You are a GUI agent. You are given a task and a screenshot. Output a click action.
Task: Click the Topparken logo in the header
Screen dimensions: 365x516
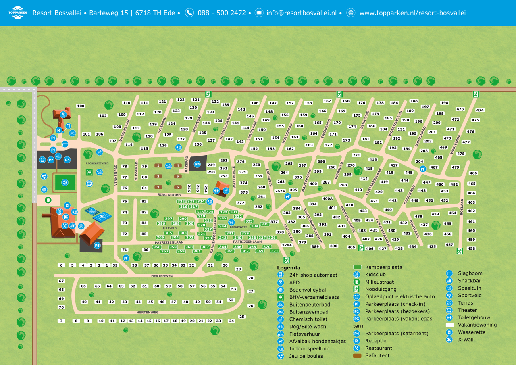click(x=17, y=13)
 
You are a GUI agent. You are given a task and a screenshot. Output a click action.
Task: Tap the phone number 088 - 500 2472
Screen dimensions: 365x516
click(x=221, y=13)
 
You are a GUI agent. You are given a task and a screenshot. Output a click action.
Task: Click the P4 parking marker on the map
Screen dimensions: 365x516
click(x=197, y=164)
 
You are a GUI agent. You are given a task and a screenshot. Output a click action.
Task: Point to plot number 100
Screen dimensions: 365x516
click(x=81, y=106)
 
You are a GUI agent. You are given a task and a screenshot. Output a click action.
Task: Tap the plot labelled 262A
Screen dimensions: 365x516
click(x=280, y=191)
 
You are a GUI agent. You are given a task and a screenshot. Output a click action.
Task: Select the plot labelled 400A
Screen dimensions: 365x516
click(x=328, y=198)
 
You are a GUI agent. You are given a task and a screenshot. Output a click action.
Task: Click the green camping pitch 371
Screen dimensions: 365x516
click(x=275, y=251)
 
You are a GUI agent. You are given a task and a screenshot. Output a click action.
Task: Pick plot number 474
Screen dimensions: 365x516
click(x=480, y=110)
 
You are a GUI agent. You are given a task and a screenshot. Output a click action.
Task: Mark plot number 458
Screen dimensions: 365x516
click(x=471, y=249)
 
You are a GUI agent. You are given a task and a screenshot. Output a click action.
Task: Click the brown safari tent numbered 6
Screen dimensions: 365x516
click(x=178, y=187)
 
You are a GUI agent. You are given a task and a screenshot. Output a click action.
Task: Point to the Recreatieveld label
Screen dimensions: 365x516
click(x=97, y=163)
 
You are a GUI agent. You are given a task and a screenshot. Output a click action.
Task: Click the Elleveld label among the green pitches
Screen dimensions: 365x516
click(x=170, y=228)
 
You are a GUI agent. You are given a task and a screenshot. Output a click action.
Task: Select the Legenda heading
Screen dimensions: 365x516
click(x=289, y=268)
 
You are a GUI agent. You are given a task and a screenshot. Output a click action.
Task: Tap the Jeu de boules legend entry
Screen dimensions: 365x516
click(x=306, y=356)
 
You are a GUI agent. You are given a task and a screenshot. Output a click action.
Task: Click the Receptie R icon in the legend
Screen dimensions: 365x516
click(x=356, y=341)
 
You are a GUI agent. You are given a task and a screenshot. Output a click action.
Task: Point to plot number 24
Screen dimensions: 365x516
click(x=231, y=321)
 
